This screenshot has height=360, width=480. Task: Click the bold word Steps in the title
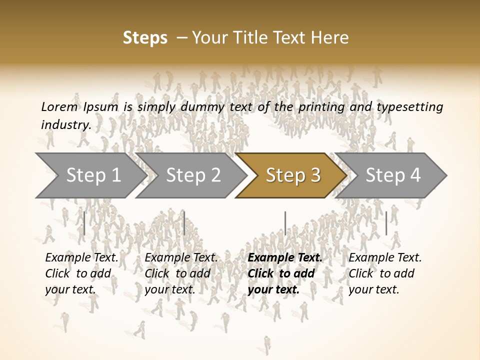click(x=145, y=38)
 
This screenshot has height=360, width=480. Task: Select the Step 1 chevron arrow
click(x=90, y=175)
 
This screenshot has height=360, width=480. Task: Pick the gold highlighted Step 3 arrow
click(x=292, y=175)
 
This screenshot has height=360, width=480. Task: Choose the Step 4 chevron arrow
click(x=392, y=175)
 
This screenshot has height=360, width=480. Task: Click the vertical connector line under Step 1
click(x=84, y=223)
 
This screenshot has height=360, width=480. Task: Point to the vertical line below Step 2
click(x=184, y=223)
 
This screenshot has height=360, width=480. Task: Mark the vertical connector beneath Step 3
click(x=285, y=223)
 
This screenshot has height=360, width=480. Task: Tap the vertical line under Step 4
click(x=386, y=223)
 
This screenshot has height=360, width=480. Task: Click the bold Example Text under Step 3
click(x=285, y=273)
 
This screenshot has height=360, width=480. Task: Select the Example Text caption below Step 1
click(x=81, y=273)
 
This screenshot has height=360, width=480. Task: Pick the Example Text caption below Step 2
click(x=181, y=273)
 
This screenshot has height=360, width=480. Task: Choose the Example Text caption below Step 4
click(x=385, y=273)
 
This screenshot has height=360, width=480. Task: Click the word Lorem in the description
click(x=59, y=106)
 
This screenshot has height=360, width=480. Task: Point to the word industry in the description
click(x=66, y=124)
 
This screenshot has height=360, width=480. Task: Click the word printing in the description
click(x=321, y=107)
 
